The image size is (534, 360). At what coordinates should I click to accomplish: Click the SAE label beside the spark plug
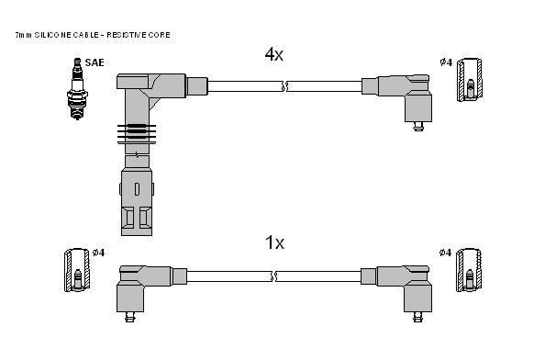point(95,62)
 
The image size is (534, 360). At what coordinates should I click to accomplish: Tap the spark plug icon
point(77,89)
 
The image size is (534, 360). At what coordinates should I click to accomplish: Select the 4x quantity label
point(274,54)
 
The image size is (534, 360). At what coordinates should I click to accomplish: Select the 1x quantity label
point(274,242)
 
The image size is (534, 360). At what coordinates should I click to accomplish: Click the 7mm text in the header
point(24,35)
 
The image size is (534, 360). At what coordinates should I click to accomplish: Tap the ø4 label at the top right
point(446,62)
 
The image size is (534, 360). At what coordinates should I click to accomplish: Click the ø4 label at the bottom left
point(99,253)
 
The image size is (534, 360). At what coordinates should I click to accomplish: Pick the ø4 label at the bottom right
point(445,253)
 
